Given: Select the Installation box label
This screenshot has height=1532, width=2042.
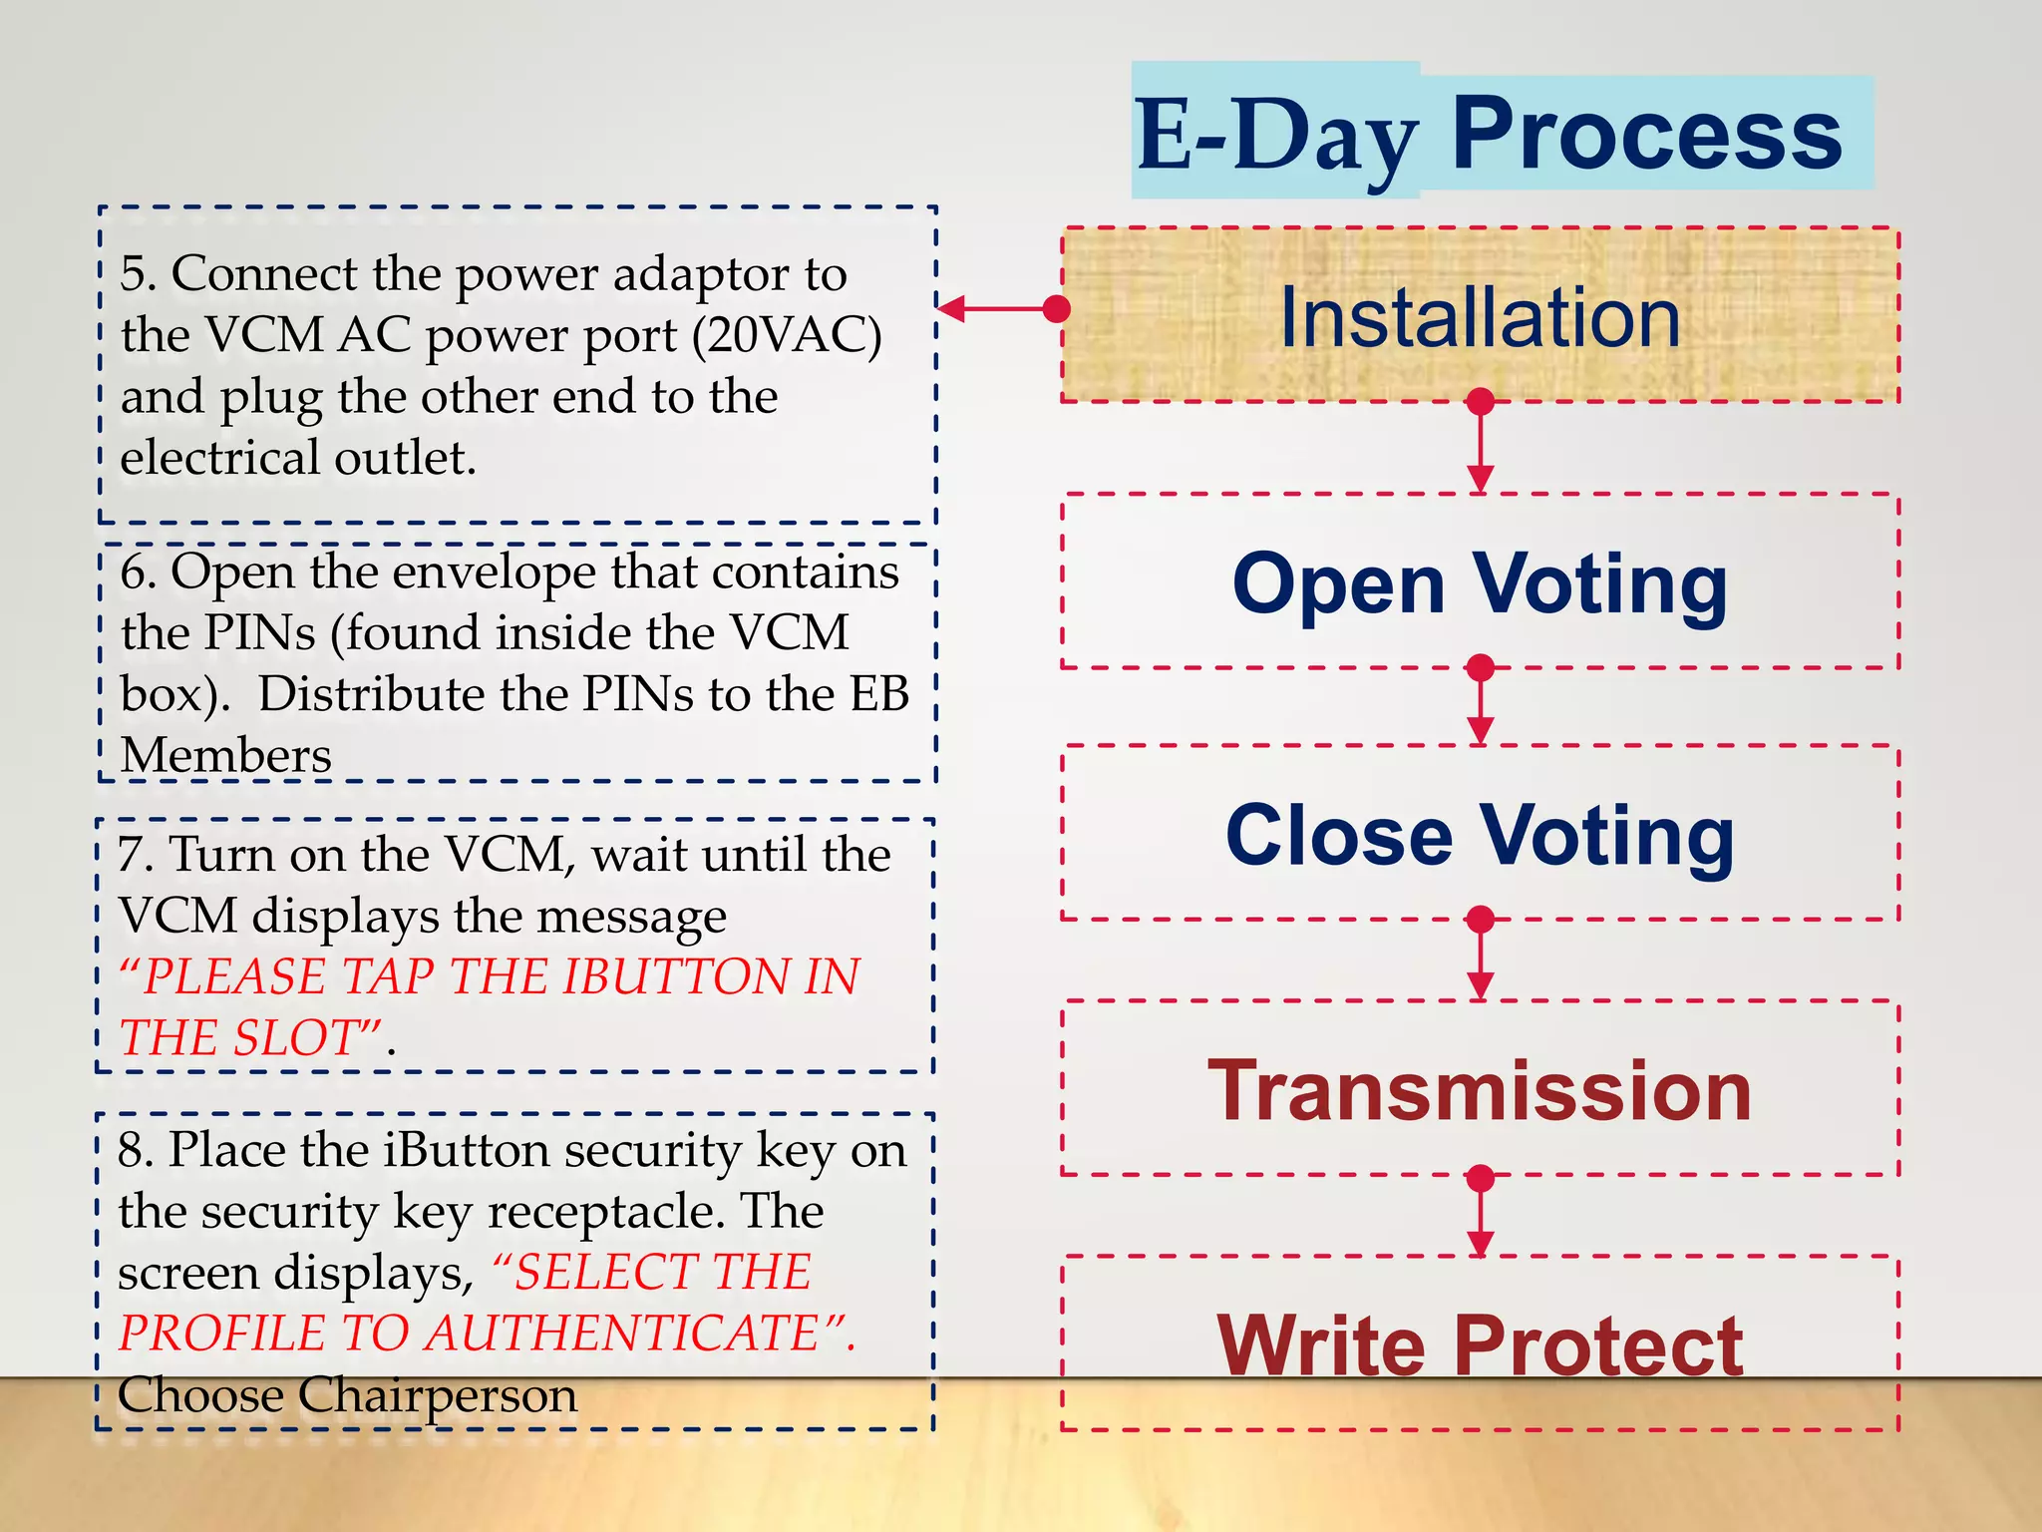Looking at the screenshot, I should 1480,317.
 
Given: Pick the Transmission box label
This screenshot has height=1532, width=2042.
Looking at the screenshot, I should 1480,1090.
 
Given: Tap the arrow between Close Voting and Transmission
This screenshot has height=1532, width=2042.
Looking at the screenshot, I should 1481,957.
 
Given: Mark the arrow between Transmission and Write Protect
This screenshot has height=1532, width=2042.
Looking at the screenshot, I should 1481,1215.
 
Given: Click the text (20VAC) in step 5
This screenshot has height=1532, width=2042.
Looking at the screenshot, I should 787,336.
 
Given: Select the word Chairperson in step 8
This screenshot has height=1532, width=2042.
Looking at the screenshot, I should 437,1394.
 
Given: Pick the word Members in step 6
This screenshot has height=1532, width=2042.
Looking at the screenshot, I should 225,755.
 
